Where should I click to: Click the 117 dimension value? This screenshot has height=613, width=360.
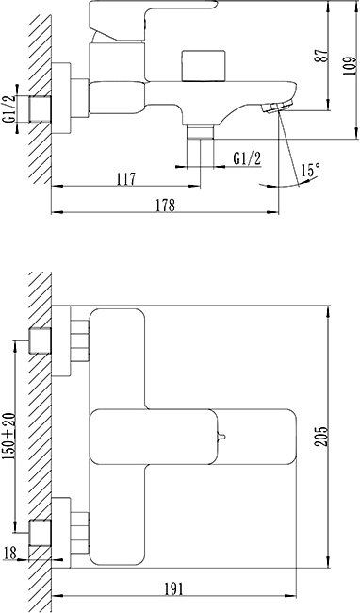pos(125,179)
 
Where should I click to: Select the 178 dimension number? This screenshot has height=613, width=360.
pos(166,205)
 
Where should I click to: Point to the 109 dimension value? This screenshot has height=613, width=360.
pos(351,65)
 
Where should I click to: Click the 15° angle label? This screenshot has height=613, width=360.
pos(310,171)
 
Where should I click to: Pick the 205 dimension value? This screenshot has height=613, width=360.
pos(321,437)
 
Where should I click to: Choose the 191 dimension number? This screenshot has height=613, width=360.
pos(173,588)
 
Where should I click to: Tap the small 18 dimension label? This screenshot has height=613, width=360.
pos(9,553)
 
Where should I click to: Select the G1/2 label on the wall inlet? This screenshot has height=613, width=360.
pos(9,109)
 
